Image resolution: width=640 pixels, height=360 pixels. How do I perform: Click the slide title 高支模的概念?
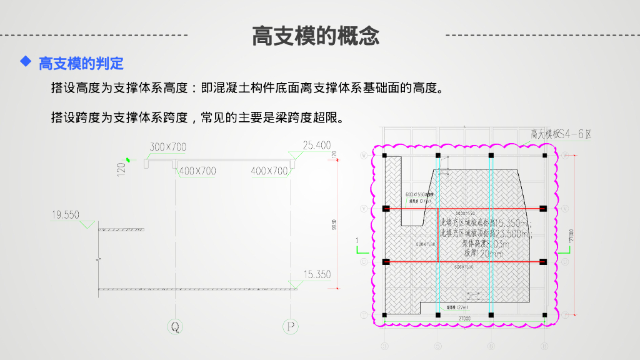pyautogui.click(x=316, y=36)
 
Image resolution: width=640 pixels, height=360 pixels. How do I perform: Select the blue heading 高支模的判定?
pyautogui.click(x=81, y=63)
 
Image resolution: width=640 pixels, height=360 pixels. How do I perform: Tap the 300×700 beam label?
pyautogui.click(x=167, y=147)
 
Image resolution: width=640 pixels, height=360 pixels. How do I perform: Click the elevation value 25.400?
pyautogui.click(x=317, y=146)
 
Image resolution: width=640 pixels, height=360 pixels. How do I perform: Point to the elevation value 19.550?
pyautogui.click(x=65, y=215)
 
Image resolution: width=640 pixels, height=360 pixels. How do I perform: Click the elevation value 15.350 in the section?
pyautogui.click(x=317, y=274)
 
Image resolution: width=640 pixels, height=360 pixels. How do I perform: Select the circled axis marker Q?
pyautogui.click(x=176, y=326)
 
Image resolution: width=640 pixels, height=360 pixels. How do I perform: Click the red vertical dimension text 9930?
pyautogui.click(x=334, y=223)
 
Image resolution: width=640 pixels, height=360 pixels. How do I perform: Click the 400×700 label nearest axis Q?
pyautogui.click(x=197, y=171)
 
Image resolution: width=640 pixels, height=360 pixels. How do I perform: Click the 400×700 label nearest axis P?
pyautogui.click(x=269, y=171)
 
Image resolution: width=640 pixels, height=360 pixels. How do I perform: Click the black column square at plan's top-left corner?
pyautogui.click(x=385, y=155)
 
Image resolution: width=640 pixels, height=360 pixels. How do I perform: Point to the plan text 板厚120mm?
pyautogui.click(x=483, y=254)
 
